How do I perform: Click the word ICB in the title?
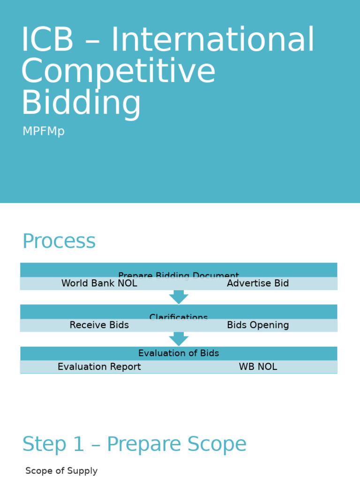click(x=47, y=40)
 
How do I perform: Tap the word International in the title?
click(x=212, y=40)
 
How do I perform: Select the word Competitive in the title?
click(x=118, y=71)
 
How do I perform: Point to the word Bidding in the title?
click(x=81, y=103)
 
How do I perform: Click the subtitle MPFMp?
click(x=44, y=132)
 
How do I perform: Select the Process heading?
click(x=59, y=241)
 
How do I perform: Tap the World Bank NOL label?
click(x=99, y=284)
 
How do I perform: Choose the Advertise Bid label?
click(x=258, y=284)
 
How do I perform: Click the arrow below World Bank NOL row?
click(x=179, y=297)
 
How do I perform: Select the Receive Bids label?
click(x=99, y=325)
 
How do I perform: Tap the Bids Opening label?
click(x=258, y=325)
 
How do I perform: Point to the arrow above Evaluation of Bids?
click(x=179, y=339)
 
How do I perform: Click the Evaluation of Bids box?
click(x=179, y=353)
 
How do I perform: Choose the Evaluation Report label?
click(x=99, y=367)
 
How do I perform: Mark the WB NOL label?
click(x=258, y=367)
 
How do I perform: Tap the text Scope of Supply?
click(x=61, y=471)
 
